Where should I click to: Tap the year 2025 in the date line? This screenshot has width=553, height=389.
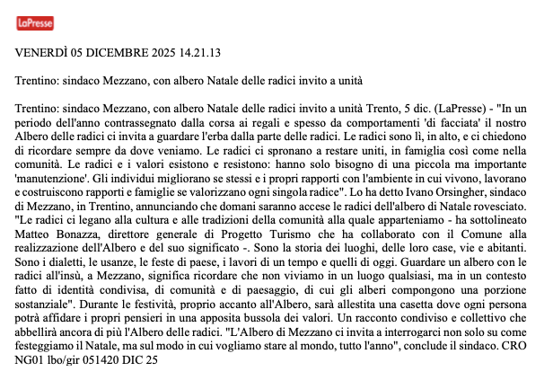coord(153,54)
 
